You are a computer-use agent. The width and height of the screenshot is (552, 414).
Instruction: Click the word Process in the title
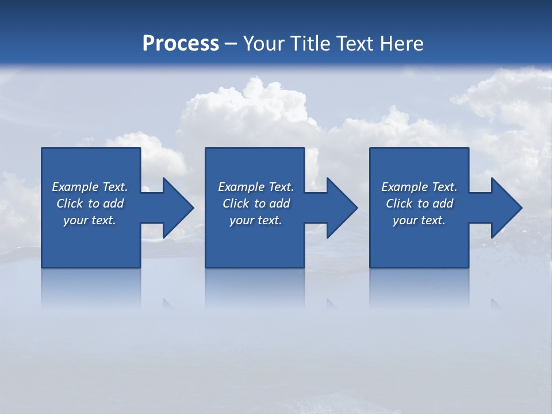click(x=181, y=44)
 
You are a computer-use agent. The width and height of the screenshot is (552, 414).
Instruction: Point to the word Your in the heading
click(x=263, y=44)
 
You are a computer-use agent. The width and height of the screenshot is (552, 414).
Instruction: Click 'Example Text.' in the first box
click(x=90, y=187)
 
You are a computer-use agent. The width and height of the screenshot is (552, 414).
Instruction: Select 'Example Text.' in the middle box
click(x=256, y=187)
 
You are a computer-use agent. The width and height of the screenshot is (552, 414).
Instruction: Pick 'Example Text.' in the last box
click(x=419, y=187)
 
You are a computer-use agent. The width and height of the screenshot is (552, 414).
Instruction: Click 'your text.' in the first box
click(x=90, y=220)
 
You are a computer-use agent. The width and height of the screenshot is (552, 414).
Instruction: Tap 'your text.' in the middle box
click(x=256, y=220)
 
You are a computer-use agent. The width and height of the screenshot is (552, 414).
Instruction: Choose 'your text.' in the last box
click(x=419, y=220)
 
